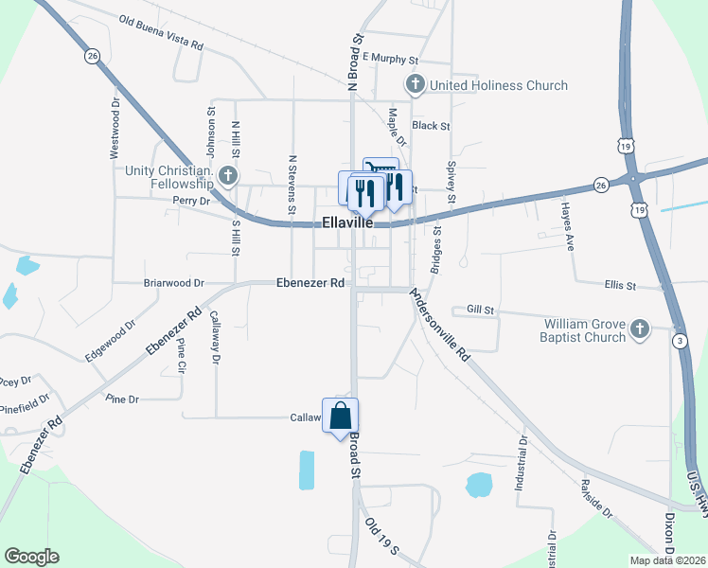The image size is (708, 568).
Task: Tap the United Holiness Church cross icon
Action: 415,85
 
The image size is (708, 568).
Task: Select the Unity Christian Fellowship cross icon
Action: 227,175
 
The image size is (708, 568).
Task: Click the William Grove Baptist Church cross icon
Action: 640,329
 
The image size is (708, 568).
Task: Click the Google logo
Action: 31,557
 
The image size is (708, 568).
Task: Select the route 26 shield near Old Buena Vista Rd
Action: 92,57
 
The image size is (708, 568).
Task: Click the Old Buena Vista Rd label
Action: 161,31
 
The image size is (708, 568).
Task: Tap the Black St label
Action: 430,125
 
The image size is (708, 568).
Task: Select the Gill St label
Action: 480,310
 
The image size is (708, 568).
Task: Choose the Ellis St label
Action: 620,284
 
